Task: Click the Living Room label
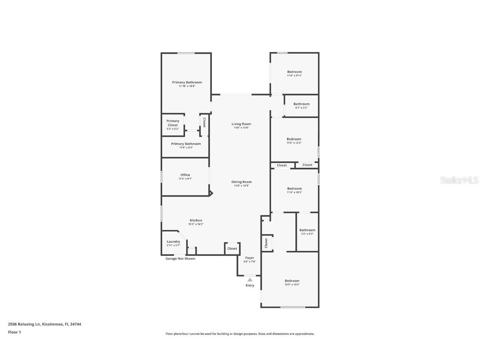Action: coord(241,124)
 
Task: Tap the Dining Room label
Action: coord(241,182)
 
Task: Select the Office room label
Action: coord(185,175)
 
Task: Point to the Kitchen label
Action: coord(196,220)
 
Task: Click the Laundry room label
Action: coord(173,242)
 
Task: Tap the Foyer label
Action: coord(250,258)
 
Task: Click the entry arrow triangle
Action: coord(250,280)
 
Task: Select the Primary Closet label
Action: coord(173,123)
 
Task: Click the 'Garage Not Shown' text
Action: coord(180,258)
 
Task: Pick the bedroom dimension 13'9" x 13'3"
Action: coord(292,285)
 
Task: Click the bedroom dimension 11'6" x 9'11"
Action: coord(294,75)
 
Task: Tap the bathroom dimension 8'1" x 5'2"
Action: coord(301,108)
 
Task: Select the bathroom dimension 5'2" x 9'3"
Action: coord(307,234)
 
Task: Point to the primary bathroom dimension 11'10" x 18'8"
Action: coord(187,86)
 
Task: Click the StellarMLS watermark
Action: coord(459,180)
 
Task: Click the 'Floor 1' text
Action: coord(14,332)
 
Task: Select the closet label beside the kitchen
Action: coord(232,248)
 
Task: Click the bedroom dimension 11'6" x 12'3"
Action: coord(294,143)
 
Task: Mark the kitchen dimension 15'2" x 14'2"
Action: coord(196,224)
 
